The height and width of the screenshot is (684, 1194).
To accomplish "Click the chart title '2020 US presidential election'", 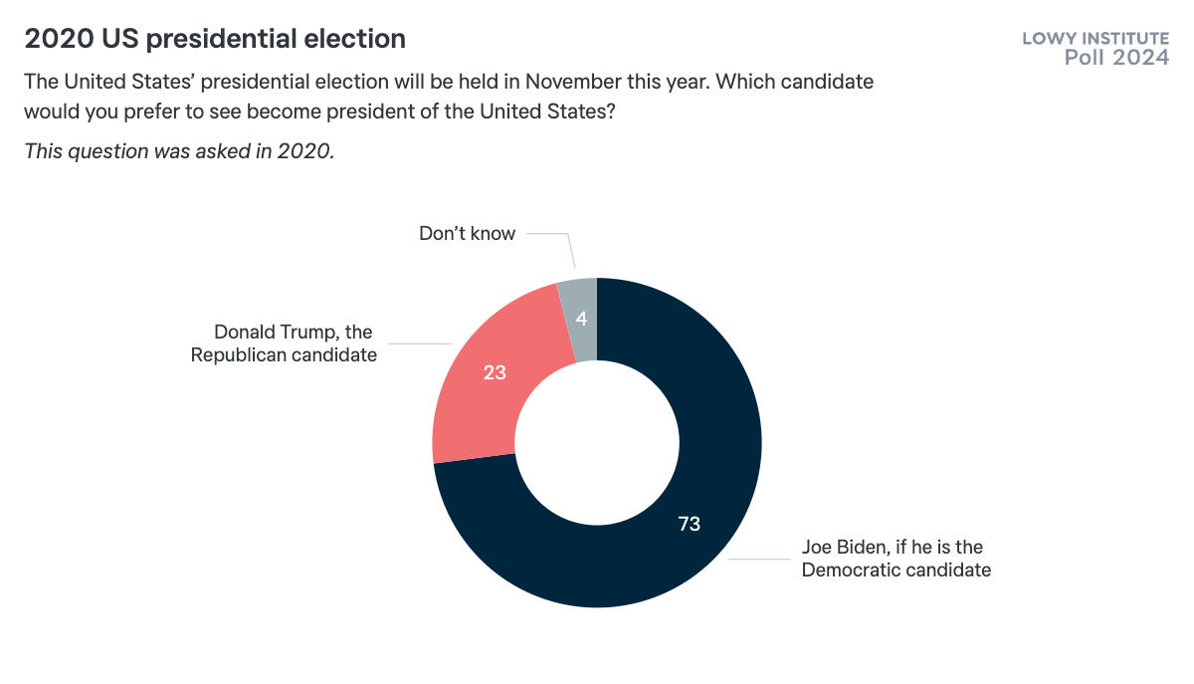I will coord(215,39).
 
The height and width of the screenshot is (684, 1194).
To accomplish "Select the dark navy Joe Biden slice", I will coord(637,558).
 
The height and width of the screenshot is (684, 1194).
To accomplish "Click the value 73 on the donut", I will coord(690,524).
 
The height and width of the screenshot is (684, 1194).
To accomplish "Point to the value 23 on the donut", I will coord(495,373).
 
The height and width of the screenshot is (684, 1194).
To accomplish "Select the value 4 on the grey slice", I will coord(581,320).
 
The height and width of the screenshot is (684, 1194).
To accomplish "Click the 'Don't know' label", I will coord(467,234).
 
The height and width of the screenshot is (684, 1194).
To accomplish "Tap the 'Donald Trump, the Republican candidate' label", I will coord(285,343).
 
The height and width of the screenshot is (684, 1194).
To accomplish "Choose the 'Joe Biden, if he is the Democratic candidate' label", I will coord(895,559).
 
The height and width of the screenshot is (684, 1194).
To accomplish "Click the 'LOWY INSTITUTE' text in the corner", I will coord(1095,39).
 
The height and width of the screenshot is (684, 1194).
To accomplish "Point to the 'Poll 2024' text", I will coord(1116,58).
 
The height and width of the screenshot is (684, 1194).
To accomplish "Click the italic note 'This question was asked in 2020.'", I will coord(179,151).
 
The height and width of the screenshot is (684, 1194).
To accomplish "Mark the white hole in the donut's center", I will coord(597,443).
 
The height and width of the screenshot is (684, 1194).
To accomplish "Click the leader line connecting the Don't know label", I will coord(549,235).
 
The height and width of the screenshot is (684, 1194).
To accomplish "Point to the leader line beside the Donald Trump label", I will coord(418,344).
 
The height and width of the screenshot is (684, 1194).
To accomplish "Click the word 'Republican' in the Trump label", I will coord(239,354).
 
